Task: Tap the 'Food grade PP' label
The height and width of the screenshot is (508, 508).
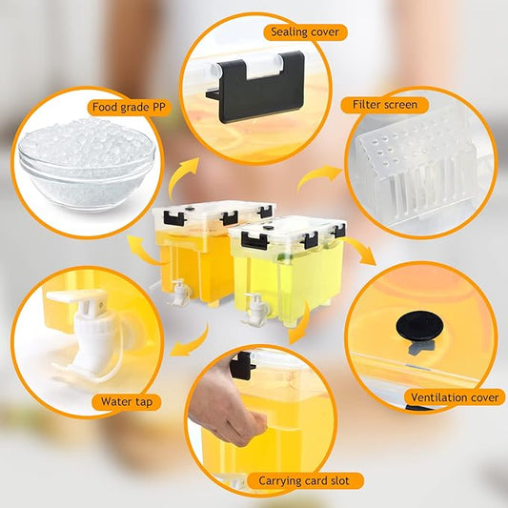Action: coord(130,107)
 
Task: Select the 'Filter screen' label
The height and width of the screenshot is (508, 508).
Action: coord(384,104)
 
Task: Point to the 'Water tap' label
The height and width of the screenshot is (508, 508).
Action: coord(125,401)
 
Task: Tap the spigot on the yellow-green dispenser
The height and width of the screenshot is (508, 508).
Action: coord(254,309)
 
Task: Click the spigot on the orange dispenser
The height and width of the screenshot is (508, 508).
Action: coord(177,291)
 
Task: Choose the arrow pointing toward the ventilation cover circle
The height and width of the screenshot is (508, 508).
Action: coord(361,253)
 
